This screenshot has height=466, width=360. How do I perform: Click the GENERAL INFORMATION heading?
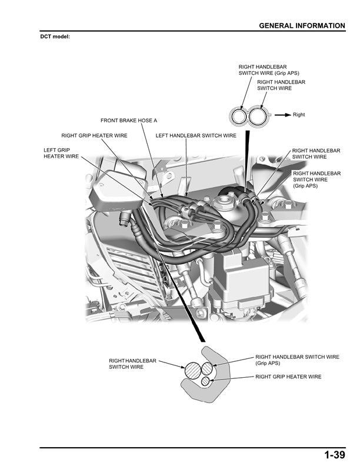(302, 26)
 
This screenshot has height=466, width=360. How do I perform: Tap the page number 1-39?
(334, 455)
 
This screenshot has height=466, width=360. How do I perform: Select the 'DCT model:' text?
(55, 36)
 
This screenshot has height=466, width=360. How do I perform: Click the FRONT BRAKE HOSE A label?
(129, 121)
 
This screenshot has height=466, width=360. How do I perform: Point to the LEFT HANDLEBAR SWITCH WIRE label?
(196, 135)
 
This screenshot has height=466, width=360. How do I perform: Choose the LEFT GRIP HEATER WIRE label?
(61, 154)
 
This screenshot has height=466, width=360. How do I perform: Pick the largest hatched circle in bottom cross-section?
(193, 371)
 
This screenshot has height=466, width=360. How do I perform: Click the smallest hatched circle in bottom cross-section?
(205, 381)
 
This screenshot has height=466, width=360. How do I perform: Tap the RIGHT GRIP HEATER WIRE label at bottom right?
(288, 377)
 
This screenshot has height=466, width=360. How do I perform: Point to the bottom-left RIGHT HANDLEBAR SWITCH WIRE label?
(133, 364)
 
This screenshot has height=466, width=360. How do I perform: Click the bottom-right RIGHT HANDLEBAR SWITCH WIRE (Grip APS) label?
(297, 360)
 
